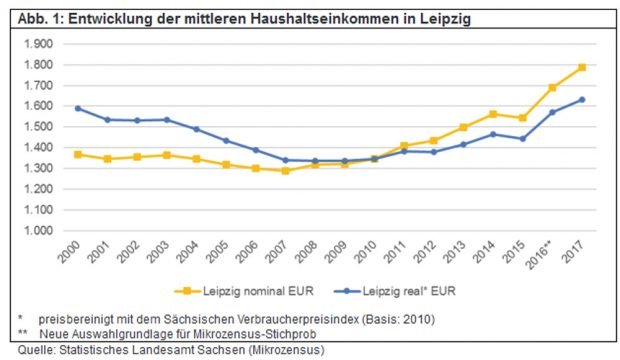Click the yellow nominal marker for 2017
(x=582, y=68)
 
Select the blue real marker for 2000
(x=77, y=108)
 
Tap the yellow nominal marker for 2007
(x=285, y=170)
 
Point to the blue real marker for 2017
(x=582, y=100)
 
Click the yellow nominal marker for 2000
(x=77, y=154)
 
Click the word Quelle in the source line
(x=22, y=350)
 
